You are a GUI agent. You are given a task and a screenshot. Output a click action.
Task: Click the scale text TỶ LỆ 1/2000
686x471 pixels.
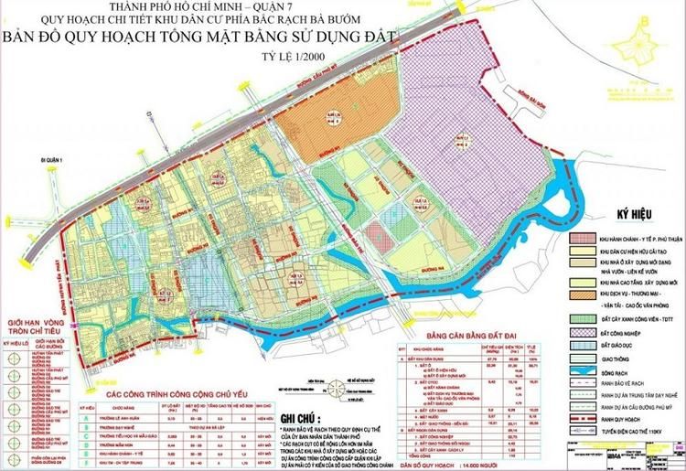287,62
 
